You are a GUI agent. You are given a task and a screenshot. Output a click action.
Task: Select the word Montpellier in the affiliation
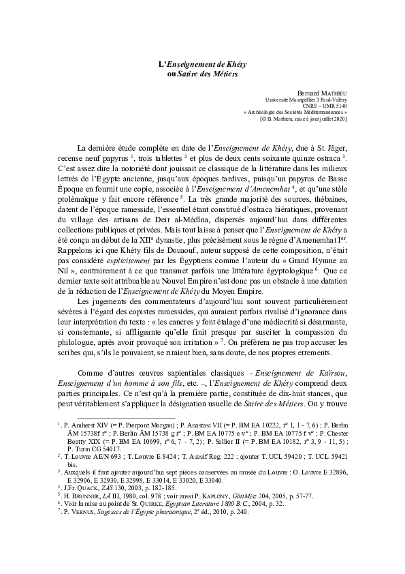[x=295, y=99]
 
